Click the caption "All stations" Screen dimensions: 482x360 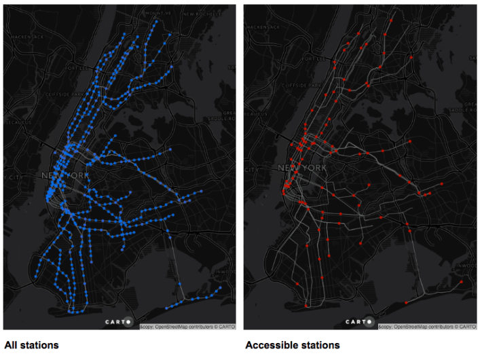[31, 345]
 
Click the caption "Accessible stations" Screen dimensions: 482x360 [292, 345]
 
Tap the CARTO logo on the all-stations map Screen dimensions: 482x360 [118, 322]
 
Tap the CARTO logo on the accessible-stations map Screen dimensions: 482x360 [358, 322]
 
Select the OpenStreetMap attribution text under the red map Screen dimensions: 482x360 [428, 327]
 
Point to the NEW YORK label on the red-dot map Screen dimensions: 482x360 [301, 168]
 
